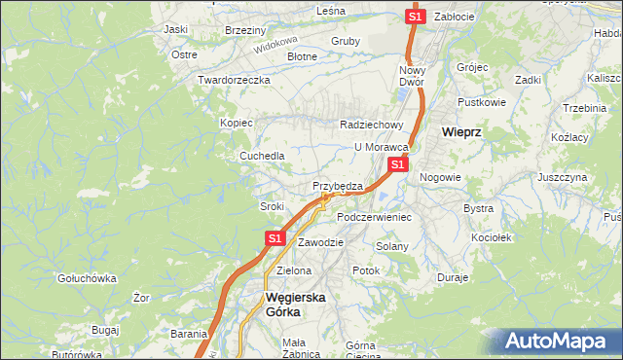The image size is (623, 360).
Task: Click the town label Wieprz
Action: [x=464, y=130]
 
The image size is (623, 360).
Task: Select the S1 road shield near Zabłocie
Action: [x=416, y=17]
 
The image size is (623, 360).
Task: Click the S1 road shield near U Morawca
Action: [x=397, y=165]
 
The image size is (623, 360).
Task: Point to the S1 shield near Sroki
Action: [x=275, y=237]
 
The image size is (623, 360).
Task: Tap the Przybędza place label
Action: [x=338, y=186]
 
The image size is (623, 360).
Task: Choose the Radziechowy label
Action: [x=371, y=125]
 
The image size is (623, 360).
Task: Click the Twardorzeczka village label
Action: [x=233, y=80]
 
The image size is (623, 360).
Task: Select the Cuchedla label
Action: [x=263, y=156]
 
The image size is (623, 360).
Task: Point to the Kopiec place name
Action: [x=237, y=123]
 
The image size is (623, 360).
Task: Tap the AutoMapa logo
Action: [x=559, y=342]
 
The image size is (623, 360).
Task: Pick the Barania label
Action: [x=189, y=334]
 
